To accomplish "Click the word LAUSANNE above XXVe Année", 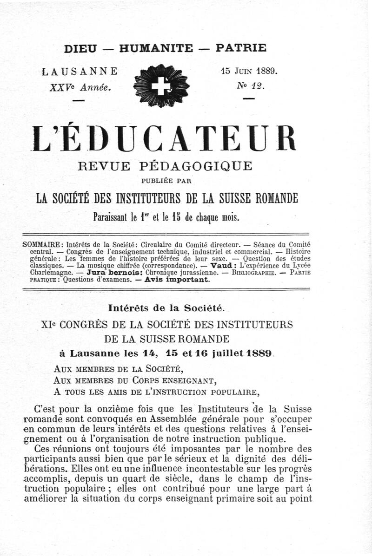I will pyautogui.click(x=80, y=72).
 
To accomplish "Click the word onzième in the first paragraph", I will pyautogui.click(x=121, y=410).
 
